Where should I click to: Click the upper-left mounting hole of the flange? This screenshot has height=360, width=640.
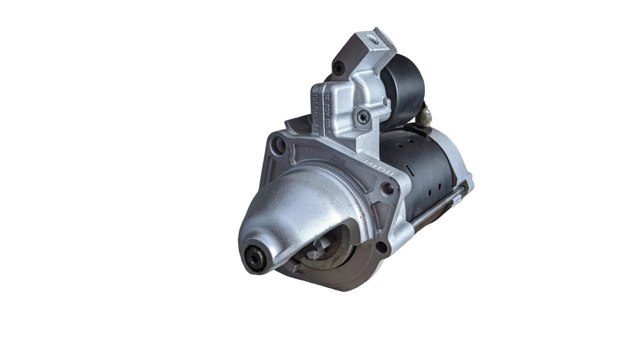click(x=280, y=147)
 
